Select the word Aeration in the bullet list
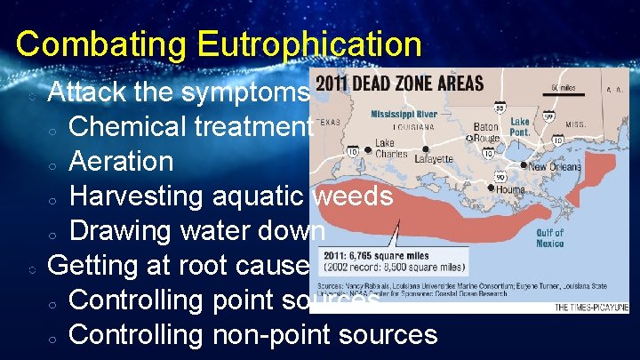[121, 162]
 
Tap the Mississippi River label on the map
[404, 114]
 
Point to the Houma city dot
[492, 188]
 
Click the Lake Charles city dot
[368, 149]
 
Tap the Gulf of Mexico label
[549, 238]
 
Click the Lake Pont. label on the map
[520, 126]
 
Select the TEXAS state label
[331, 122]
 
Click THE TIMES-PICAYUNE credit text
[591, 307]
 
